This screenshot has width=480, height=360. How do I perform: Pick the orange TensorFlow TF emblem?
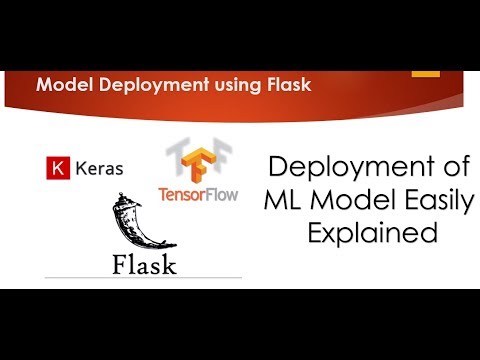click(197, 160)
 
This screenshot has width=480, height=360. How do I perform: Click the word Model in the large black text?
click(348, 200)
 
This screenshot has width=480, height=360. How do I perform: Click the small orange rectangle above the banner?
click(426, 72)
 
